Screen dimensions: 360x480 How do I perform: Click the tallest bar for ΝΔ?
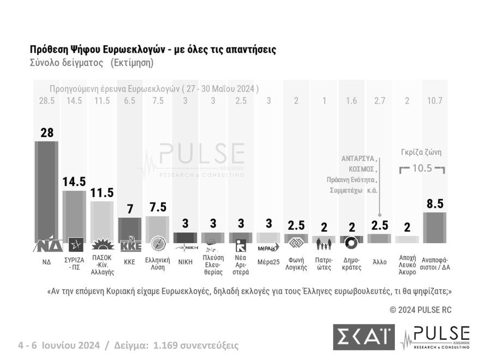47,191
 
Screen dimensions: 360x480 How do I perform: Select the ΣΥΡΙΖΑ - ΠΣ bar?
75,215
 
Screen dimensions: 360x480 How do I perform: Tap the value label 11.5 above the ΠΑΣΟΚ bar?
103,193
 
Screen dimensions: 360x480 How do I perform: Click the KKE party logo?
130,243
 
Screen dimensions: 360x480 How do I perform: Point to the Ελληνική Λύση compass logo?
158,243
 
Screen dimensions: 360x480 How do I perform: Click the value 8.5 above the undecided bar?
435,203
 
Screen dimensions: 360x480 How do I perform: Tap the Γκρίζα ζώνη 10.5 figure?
422,169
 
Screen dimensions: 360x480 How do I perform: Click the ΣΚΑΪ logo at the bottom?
363,337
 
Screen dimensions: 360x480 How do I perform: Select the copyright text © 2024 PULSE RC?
421,310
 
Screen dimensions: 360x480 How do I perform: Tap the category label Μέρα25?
268,262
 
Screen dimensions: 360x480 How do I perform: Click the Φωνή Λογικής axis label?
296,263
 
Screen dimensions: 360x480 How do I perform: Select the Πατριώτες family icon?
324,243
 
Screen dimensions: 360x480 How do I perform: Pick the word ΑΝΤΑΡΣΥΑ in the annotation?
358,158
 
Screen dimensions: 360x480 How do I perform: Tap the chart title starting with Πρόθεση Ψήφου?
153,50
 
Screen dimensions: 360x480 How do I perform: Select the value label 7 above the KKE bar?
130,209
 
